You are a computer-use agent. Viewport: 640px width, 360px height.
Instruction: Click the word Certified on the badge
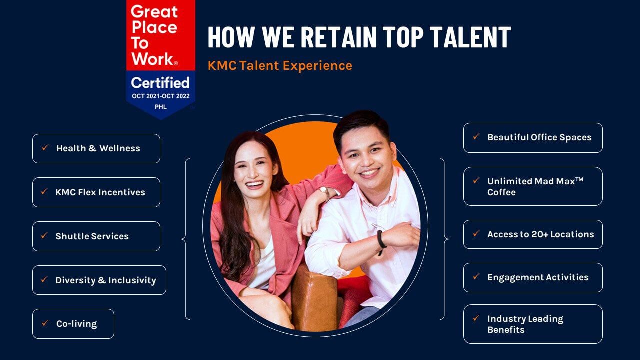[160, 83]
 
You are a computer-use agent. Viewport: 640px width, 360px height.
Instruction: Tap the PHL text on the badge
[161, 107]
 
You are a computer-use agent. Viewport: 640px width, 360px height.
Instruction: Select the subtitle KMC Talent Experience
[280, 65]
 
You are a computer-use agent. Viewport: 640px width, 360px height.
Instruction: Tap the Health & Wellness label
[98, 148]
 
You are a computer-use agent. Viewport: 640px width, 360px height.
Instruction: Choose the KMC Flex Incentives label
[100, 192]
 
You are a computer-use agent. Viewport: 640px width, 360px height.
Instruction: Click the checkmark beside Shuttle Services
[44, 235]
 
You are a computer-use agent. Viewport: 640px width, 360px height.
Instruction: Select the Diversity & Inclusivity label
[106, 280]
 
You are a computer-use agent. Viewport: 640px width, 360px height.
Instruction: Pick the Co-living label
[77, 324]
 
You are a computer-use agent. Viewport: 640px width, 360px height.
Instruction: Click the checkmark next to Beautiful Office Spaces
[476, 137]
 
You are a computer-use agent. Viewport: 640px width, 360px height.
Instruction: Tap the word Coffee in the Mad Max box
[501, 192]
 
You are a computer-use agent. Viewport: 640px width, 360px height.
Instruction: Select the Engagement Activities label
[538, 277]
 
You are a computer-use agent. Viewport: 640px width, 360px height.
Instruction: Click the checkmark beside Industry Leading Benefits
[476, 318]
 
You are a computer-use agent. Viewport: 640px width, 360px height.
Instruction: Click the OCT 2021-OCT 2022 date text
[161, 96]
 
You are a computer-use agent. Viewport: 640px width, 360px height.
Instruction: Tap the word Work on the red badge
[153, 59]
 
